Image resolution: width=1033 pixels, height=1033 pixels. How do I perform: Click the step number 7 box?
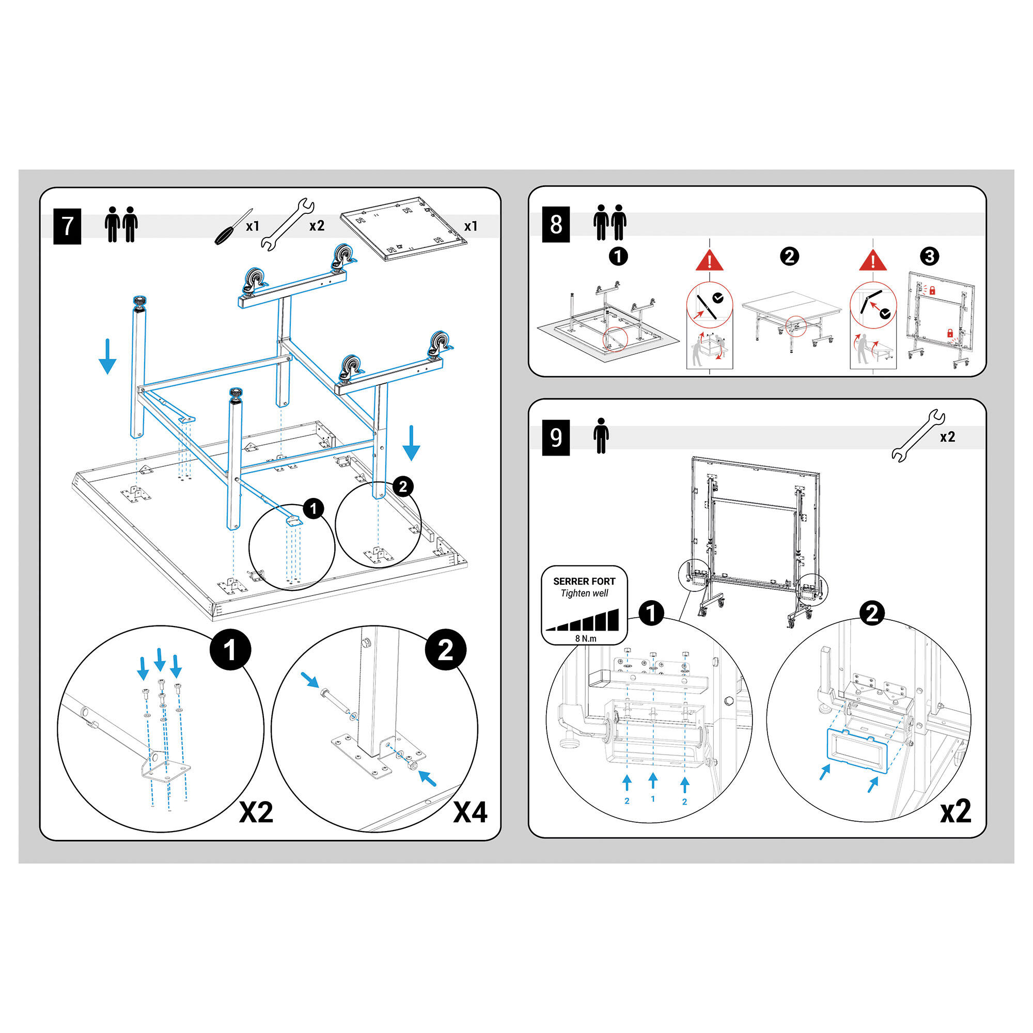tap(67, 226)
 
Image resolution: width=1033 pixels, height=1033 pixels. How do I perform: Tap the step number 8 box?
tap(556, 225)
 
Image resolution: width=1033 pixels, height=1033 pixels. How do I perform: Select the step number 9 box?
tap(556, 437)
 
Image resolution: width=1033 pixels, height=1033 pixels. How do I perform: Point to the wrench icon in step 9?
tap(918, 435)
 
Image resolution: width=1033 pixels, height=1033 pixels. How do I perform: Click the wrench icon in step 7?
tap(287, 225)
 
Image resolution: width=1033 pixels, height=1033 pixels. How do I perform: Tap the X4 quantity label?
tap(470, 812)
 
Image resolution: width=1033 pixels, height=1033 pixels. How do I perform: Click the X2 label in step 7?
tap(256, 812)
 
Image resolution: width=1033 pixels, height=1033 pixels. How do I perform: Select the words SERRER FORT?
tap(584, 581)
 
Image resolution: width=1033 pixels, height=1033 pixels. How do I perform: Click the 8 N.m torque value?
tap(586, 638)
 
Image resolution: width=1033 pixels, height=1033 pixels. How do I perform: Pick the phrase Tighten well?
tap(584, 593)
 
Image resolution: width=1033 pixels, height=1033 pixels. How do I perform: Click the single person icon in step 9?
tap(601, 436)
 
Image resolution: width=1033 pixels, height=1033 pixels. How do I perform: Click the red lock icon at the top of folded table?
tap(932, 290)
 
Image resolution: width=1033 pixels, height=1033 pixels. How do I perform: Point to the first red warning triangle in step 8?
tap(710, 261)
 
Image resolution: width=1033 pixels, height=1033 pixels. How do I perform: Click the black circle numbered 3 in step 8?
tap(929, 257)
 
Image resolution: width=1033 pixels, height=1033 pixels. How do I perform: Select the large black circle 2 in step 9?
tap(871, 613)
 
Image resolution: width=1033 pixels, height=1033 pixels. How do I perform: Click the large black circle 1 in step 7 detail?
tap(229, 651)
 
